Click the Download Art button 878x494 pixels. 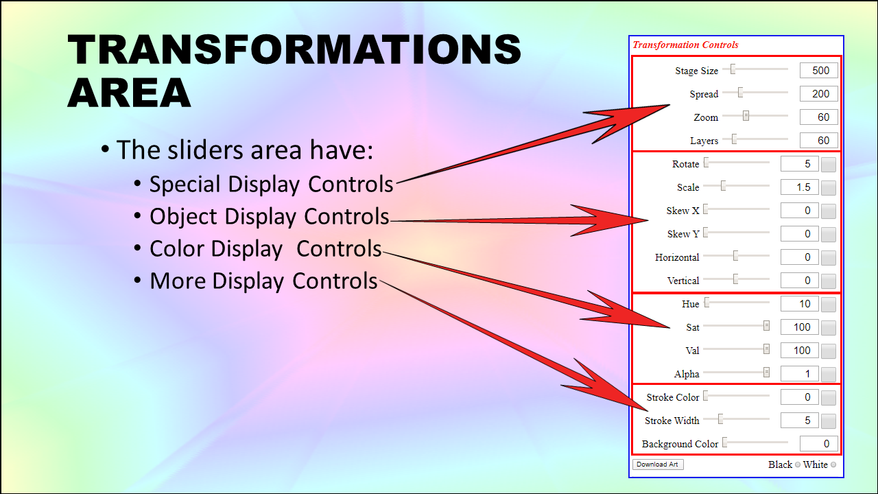click(658, 464)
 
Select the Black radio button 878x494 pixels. click(797, 464)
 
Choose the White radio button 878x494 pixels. click(833, 464)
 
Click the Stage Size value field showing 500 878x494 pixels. click(819, 71)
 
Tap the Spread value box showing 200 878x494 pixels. click(819, 94)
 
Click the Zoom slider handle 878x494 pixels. click(746, 116)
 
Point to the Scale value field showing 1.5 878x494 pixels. click(800, 187)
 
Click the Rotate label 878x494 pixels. click(685, 164)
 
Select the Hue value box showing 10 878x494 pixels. click(800, 304)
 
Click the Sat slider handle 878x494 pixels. click(766, 326)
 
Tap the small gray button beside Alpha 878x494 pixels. click(829, 374)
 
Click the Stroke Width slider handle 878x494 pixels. click(720, 419)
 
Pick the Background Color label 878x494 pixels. click(680, 444)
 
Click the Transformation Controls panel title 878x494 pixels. click(685, 45)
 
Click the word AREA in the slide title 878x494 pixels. click(130, 93)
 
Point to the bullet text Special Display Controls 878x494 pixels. click(271, 185)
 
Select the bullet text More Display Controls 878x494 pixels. click(263, 281)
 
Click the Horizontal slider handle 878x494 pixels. click(736, 256)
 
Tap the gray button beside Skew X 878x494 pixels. click(829, 211)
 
